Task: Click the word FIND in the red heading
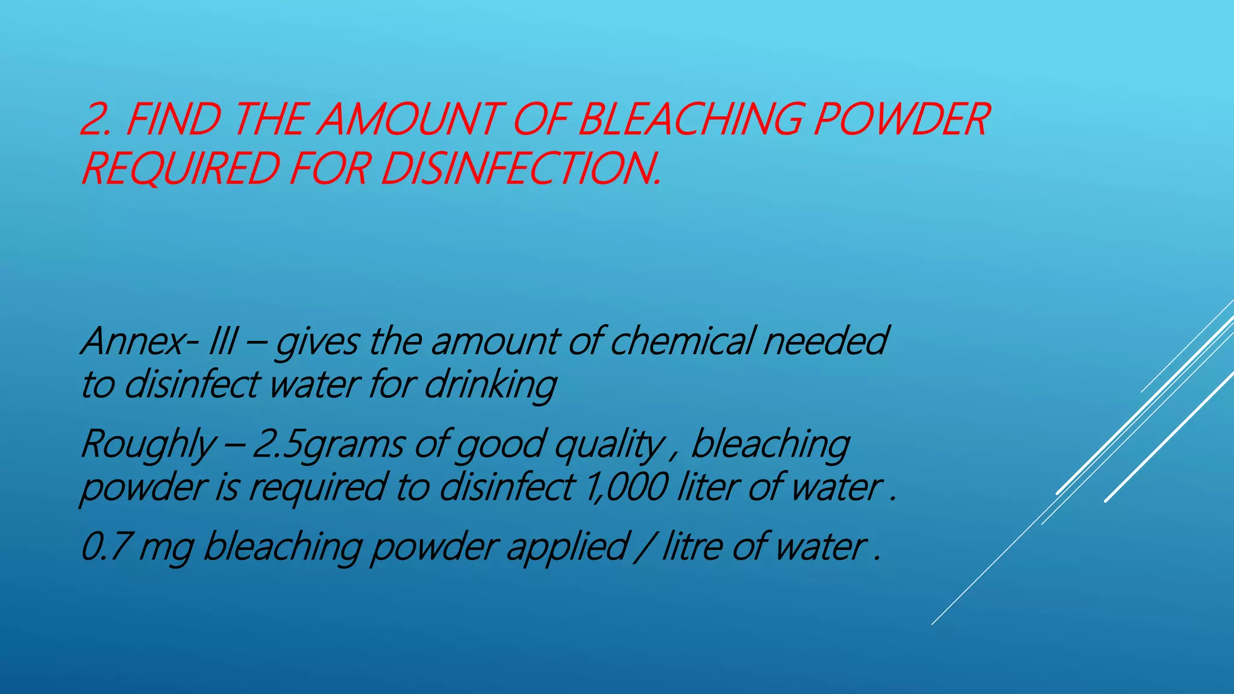tap(174, 119)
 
